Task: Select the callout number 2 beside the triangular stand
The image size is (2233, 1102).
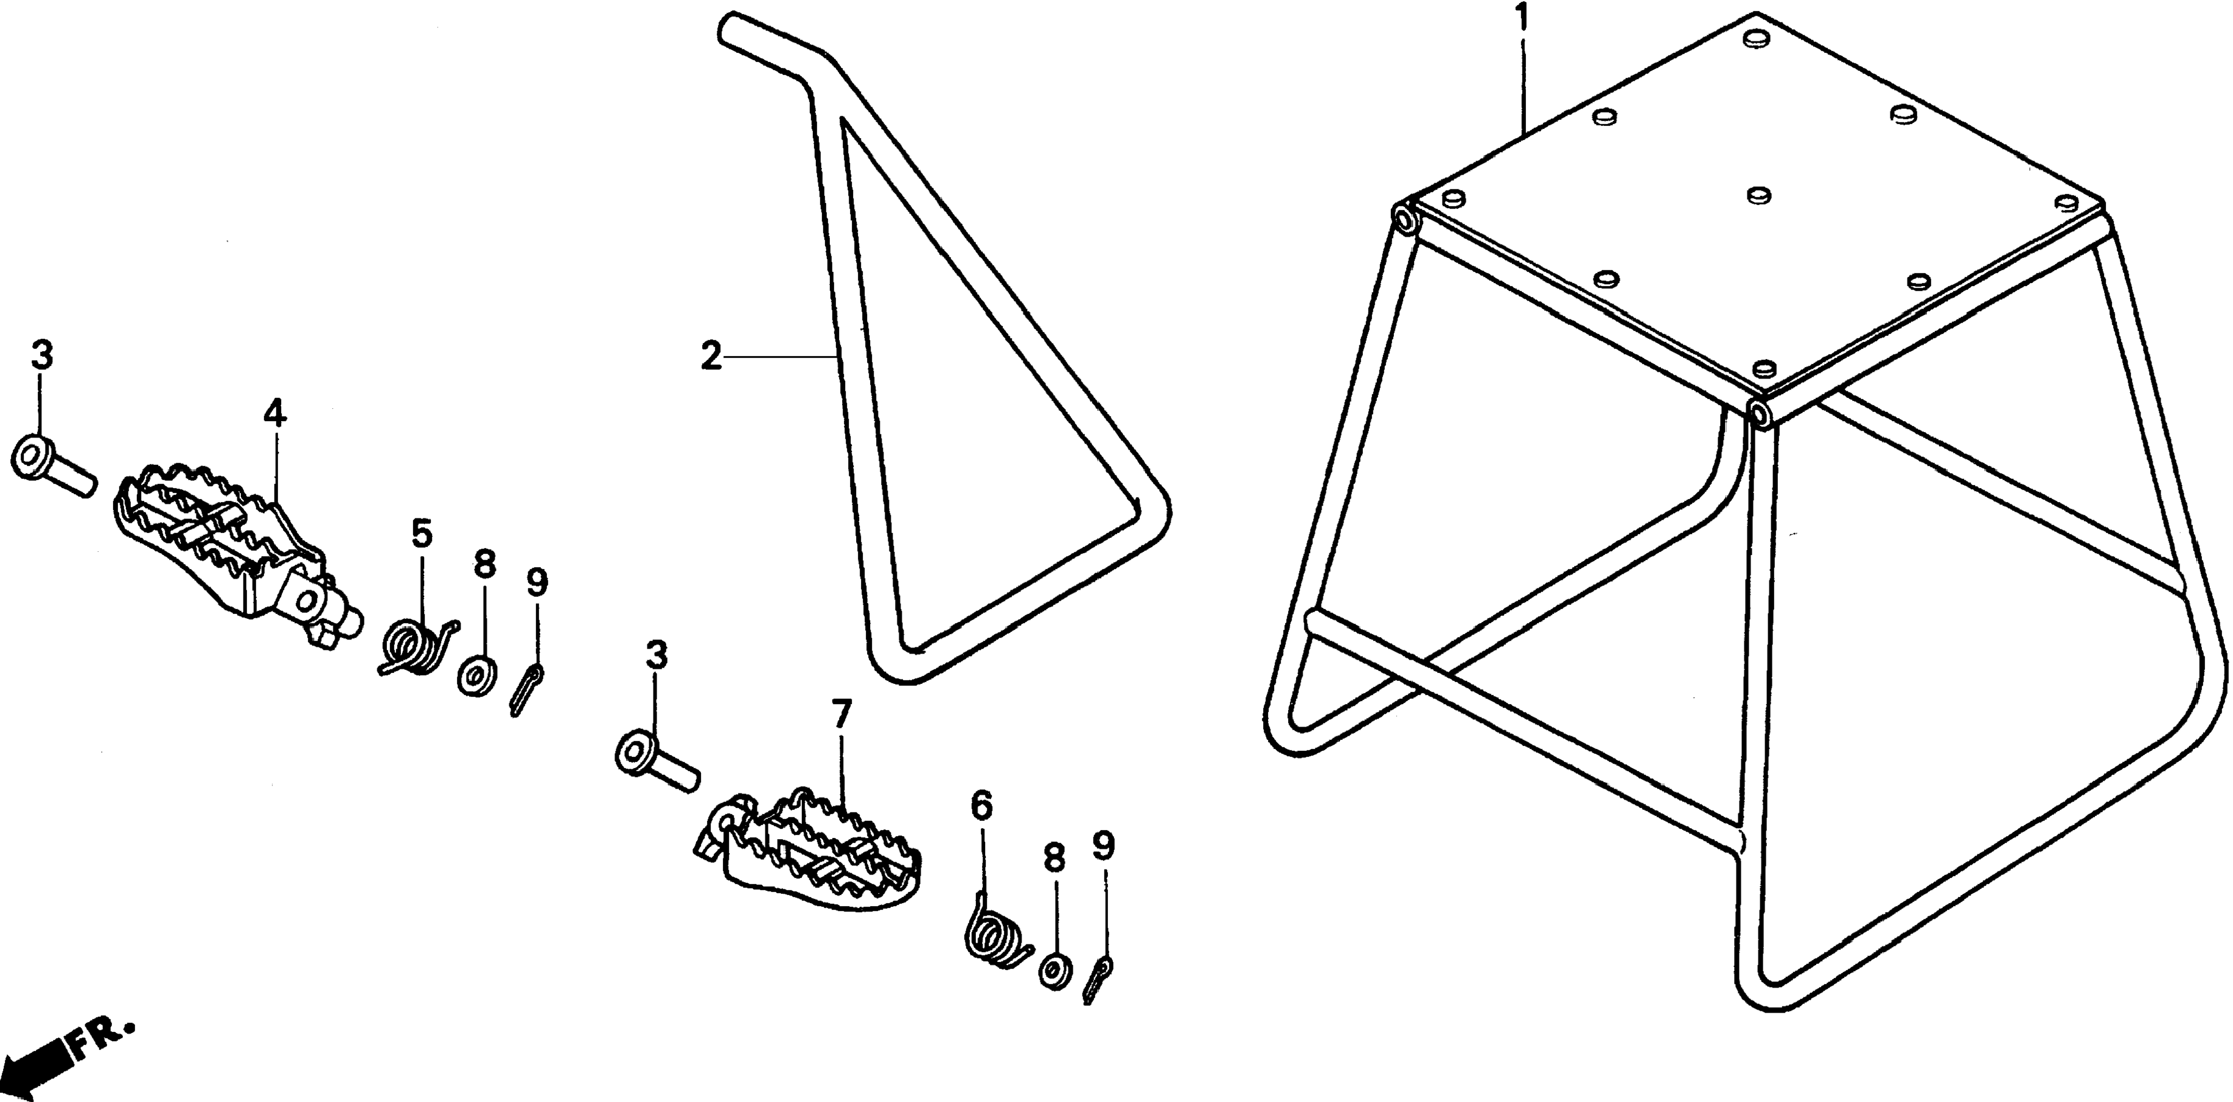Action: click(x=711, y=357)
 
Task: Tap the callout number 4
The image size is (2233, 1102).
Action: click(x=275, y=414)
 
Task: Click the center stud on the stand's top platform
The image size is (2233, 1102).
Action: click(x=1758, y=196)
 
